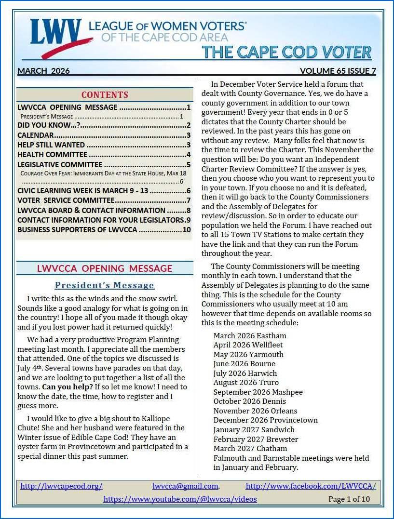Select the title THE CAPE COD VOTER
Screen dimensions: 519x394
coord(286,52)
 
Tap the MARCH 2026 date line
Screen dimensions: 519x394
coord(44,71)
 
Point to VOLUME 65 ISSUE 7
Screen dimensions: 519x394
coord(338,71)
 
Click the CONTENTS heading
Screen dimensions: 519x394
coord(105,95)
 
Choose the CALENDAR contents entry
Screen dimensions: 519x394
coord(36,135)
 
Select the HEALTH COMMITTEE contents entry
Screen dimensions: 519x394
coord(52,155)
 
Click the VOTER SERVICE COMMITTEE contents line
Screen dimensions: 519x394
coord(66,200)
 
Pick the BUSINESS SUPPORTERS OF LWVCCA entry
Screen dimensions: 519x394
coord(78,230)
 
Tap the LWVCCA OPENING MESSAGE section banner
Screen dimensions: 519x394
coord(105,268)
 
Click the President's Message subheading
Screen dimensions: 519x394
coord(105,285)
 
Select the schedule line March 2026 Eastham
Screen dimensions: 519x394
coord(250,336)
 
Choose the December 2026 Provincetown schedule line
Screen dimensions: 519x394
coord(266,420)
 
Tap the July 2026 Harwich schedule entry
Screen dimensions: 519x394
coord(245,373)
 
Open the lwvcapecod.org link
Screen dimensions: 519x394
coord(61,486)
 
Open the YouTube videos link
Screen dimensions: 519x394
coord(180,499)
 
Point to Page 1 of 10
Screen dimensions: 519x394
coord(349,499)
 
